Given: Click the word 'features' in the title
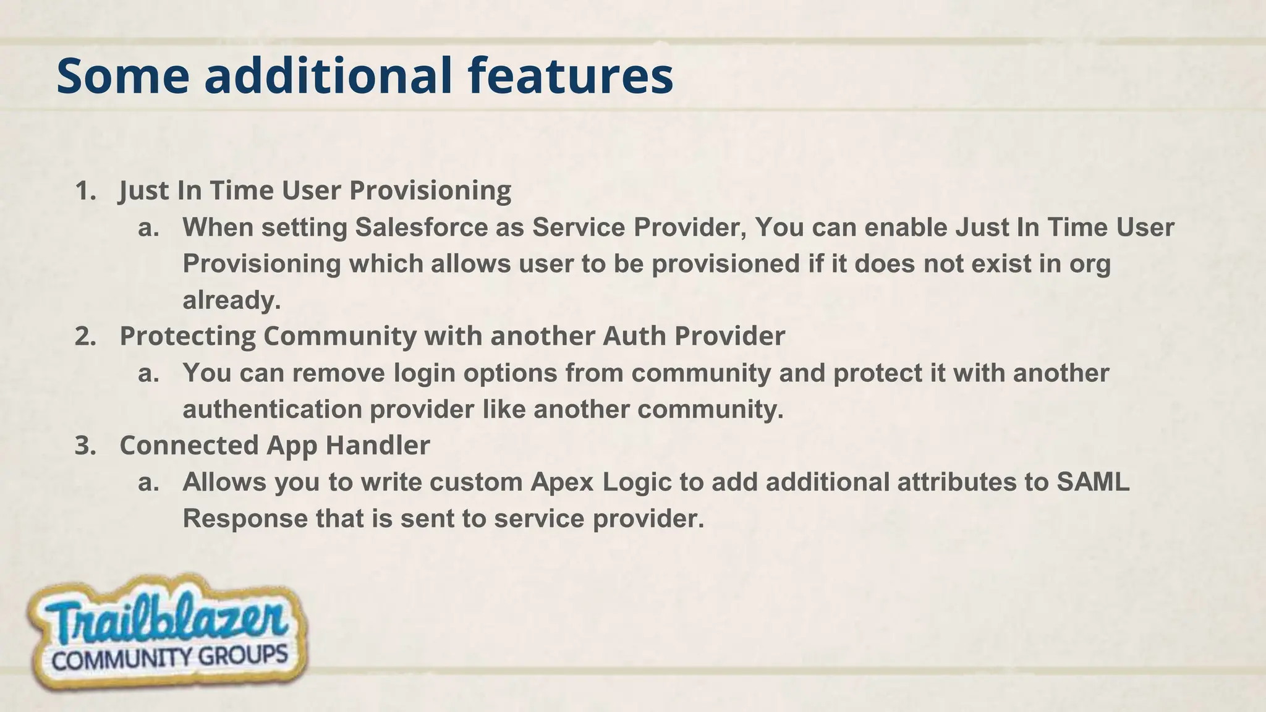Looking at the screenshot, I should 570,75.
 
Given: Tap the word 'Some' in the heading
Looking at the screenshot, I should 123,75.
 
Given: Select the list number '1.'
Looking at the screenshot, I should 86,191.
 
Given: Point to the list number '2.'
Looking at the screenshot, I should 86,337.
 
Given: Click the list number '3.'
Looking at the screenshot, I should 86,446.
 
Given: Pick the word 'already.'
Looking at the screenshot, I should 232,300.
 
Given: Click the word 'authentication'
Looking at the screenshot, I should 272,410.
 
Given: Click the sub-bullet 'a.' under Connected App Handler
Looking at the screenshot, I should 148,483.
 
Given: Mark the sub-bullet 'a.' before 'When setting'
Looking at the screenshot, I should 148,228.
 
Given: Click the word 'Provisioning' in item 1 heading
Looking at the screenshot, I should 430,191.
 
